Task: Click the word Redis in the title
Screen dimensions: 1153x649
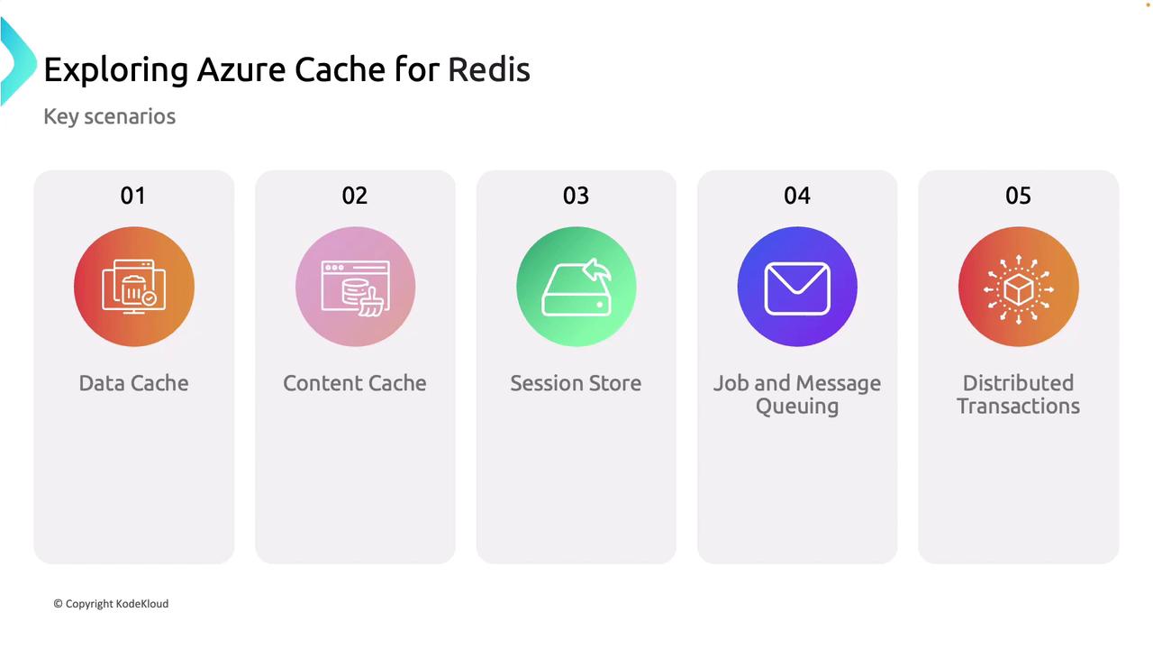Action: [x=489, y=69]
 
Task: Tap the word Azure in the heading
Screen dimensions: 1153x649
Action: [x=241, y=69]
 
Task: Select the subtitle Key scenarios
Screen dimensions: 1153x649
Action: [x=110, y=117]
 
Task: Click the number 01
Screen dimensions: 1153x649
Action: [x=132, y=196]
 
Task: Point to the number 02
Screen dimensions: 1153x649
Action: [x=355, y=196]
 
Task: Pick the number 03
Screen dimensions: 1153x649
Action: [x=576, y=196]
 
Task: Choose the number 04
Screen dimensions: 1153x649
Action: [x=797, y=196]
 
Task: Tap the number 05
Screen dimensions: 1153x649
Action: [x=1018, y=196]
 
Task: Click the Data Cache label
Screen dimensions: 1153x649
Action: [x=134, y=383]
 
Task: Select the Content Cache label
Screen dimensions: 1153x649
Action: [x=355, y=383]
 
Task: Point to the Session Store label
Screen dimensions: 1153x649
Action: [x=576, y=383]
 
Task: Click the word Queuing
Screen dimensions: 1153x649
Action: [x=797, y=407]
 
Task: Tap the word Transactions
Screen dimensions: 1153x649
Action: [x=1018, y=406]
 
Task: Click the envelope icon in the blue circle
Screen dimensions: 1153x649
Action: [x=797, y=288]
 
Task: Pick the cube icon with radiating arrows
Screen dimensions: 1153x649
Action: [x=1019, y=289]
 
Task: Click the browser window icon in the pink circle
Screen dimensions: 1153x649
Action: [x=355, y=288]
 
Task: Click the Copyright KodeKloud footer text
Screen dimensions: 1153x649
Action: [x=111, y=604]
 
